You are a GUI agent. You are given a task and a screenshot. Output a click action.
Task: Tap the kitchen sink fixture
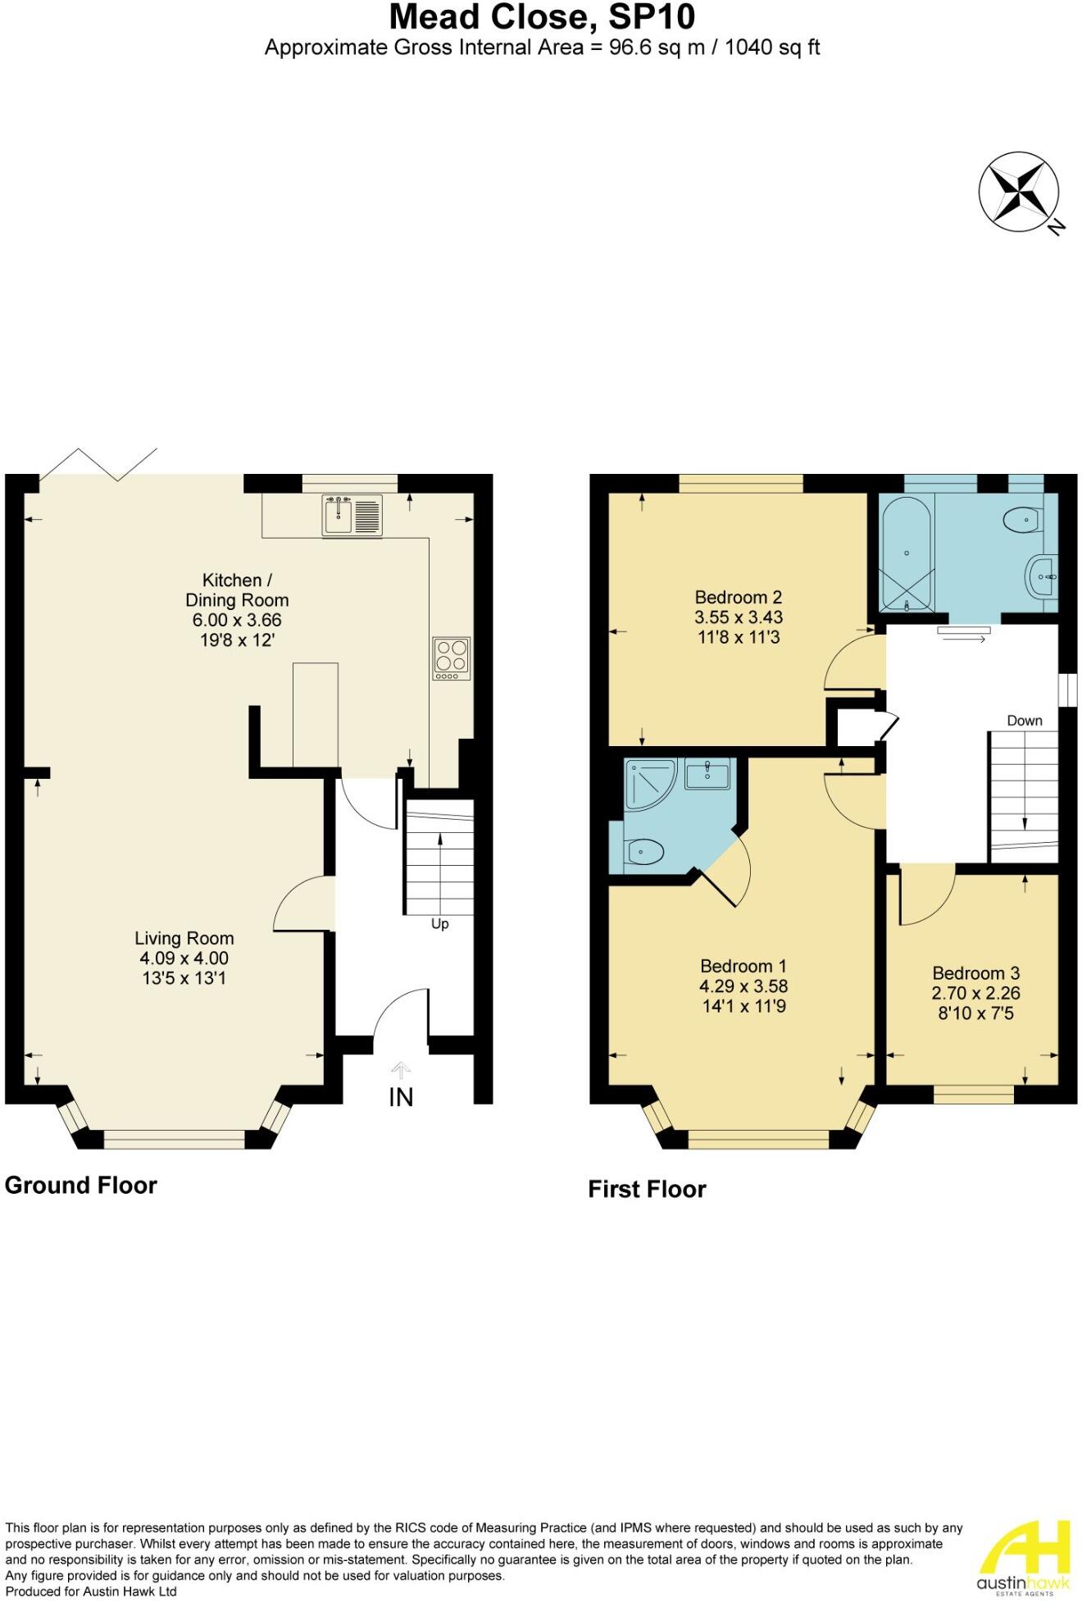352,516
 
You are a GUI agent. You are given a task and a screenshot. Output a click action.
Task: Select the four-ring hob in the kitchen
452,658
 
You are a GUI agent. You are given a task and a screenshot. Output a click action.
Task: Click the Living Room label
184,938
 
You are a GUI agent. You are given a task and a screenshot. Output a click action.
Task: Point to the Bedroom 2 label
738,597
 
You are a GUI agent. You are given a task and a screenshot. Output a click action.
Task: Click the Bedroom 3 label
975,973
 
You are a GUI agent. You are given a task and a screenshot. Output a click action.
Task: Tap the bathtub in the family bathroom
906,553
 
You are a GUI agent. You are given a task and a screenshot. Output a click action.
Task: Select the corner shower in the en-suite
650,785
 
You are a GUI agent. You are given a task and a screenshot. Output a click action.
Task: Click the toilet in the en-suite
645,853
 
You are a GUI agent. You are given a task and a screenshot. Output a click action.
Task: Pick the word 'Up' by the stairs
440,924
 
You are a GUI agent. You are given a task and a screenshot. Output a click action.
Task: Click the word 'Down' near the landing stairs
1025,721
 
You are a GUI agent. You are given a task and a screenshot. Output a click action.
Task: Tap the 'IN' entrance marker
401,1097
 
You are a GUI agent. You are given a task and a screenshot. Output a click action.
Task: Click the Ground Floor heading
80,1186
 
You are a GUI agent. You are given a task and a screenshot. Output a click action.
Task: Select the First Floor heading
647,1190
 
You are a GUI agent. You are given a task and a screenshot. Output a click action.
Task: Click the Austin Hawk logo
1024,1559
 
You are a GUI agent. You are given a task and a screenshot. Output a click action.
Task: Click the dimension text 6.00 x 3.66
237,620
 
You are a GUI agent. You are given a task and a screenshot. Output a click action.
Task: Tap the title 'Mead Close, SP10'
542,16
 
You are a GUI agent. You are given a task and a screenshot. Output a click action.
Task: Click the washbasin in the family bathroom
1041,577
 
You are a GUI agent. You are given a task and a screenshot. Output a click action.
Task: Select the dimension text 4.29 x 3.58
743,986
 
